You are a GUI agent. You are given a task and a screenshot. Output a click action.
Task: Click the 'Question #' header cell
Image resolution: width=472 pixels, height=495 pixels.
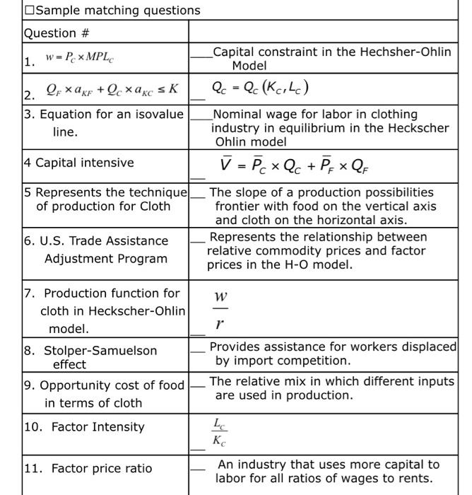tap(50, 33)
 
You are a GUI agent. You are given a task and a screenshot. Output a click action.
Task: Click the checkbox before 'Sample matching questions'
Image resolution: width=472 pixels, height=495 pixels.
tap(28, 11)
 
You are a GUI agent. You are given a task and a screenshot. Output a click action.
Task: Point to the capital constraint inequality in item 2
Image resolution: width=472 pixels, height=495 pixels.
tap(112, 90)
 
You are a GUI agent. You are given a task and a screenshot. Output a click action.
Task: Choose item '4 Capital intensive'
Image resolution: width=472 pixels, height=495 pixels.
tap(78, 163)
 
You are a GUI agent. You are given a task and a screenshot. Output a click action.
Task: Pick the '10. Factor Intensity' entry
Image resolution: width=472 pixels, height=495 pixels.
tap(84, 426)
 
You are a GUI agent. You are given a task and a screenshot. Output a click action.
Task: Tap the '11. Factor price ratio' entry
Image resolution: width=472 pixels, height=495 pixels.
tap(88, 468)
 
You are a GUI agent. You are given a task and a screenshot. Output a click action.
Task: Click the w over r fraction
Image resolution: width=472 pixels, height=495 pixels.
tap(220, 310)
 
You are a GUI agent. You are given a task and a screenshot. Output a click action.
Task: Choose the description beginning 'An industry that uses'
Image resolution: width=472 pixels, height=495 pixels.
tap(328, 471)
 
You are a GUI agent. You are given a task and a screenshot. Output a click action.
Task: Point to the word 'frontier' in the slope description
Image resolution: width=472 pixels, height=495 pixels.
tap(238, 206)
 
